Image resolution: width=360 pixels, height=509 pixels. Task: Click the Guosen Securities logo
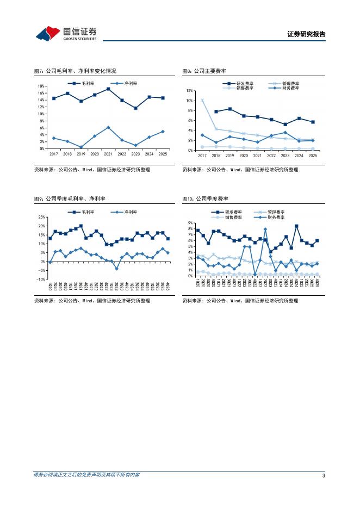(66, 34)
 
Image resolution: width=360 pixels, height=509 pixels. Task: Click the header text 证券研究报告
(306, 34)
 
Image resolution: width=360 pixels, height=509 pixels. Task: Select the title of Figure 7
(75, 71)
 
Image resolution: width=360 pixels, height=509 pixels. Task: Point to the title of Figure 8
(204, 71)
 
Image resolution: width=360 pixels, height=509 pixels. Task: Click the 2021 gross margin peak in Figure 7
(109, 89)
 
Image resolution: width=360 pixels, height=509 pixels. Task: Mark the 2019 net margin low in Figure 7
(81, 147)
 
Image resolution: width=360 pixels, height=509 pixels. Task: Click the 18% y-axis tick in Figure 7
(41, 86)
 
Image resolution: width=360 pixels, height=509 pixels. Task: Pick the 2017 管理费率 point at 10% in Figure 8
(202, 100)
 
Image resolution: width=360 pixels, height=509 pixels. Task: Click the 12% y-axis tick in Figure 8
(190, 90)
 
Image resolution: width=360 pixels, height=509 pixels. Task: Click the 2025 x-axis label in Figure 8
(313, 156)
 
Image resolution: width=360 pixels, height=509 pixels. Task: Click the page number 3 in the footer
(324, 476)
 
